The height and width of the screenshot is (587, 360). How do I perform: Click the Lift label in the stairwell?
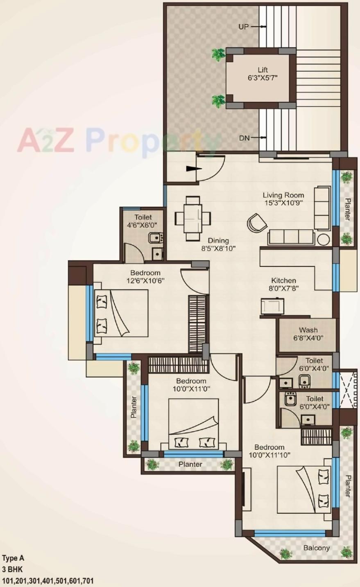click(x=263, y=70)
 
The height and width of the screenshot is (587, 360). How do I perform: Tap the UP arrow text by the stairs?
click(x=244, y=27)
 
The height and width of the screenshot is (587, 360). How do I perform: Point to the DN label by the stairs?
click(x=244, y=138)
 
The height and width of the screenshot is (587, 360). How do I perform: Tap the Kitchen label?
click(x=283, y=280)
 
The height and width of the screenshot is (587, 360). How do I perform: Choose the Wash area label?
click(x=308, y=330)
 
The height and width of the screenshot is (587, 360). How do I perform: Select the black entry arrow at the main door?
click(x=191, y=168)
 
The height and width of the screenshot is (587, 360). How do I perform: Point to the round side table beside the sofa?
click(x=324, y=239)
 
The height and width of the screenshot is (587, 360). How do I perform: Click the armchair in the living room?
click(x=257, y=223)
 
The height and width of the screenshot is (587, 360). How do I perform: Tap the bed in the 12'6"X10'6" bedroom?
click(x=121, y=313)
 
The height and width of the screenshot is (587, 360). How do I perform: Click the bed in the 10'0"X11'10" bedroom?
click(x=304, y=490)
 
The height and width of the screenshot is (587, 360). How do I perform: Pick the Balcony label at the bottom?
click(x=316, y=548)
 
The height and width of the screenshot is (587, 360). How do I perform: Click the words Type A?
click(x=14, y=558)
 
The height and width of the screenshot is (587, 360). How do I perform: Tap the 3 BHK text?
click(x=13, y=569)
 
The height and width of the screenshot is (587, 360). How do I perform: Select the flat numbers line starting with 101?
click(x=48, y=581)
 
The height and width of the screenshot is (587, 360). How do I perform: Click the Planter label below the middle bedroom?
click(x=190, y=464)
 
